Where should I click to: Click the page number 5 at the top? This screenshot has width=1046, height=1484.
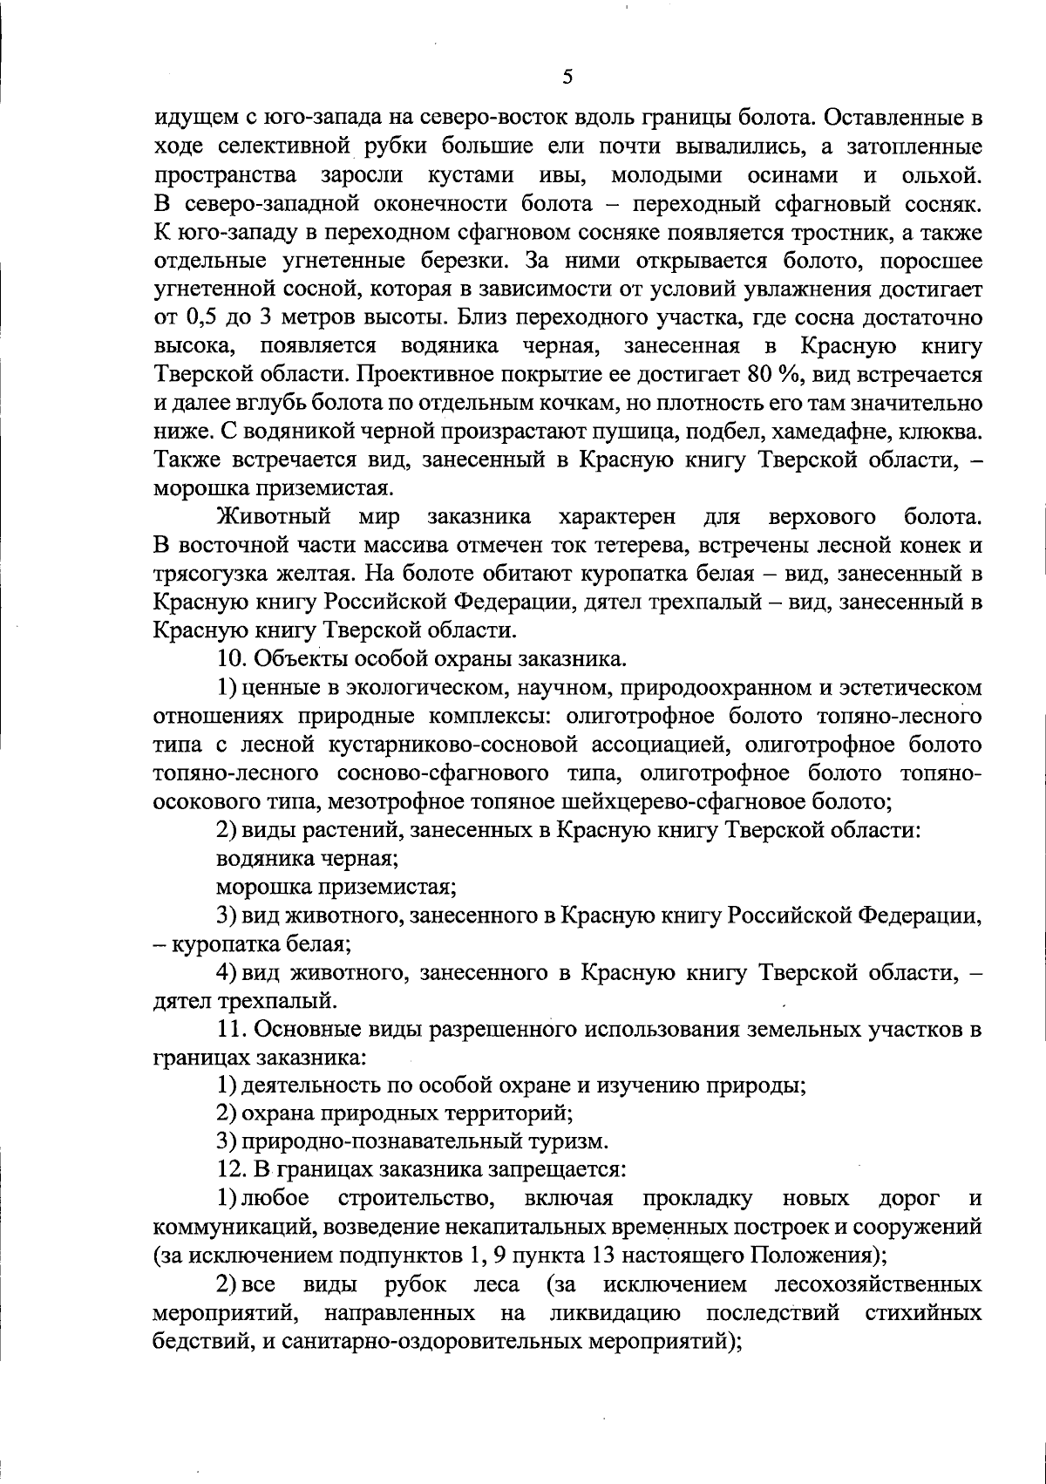click(567, 77)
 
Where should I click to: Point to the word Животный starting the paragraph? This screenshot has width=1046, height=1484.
click(272, 517)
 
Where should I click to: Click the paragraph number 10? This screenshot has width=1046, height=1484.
click(231, 659)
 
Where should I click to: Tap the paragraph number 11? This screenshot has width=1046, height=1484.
click(231, 1029)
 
